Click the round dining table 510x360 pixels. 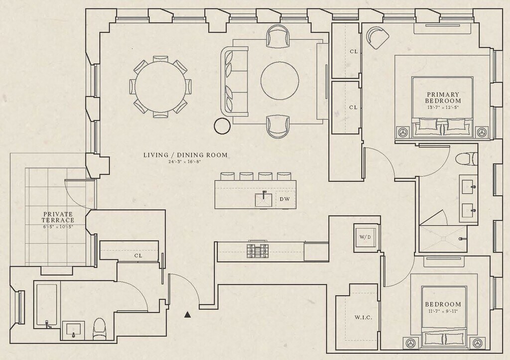[x=160, y=87]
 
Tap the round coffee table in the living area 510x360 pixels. [x=280, y=81]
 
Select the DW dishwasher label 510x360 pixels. [x=284, y=199]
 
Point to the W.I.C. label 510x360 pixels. [x=363, y=317]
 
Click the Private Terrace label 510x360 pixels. [x=58, y=217]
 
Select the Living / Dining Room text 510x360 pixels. [x=185, y=155]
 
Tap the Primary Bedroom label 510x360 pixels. [x=443, y=98]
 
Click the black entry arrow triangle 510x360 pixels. [x=187, y=314]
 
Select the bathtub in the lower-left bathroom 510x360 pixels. [x=46, y=305]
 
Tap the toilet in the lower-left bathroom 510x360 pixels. [x=100, y=328]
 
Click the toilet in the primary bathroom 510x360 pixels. [x=466, y=159]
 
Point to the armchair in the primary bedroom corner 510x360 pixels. [x=377, y=37]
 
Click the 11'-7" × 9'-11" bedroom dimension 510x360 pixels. [x=443, y=312]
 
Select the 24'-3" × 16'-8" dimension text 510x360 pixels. [x=185, y=162]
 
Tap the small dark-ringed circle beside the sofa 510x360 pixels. [x=220, y=126]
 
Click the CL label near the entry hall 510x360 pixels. [x=138, y=255]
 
